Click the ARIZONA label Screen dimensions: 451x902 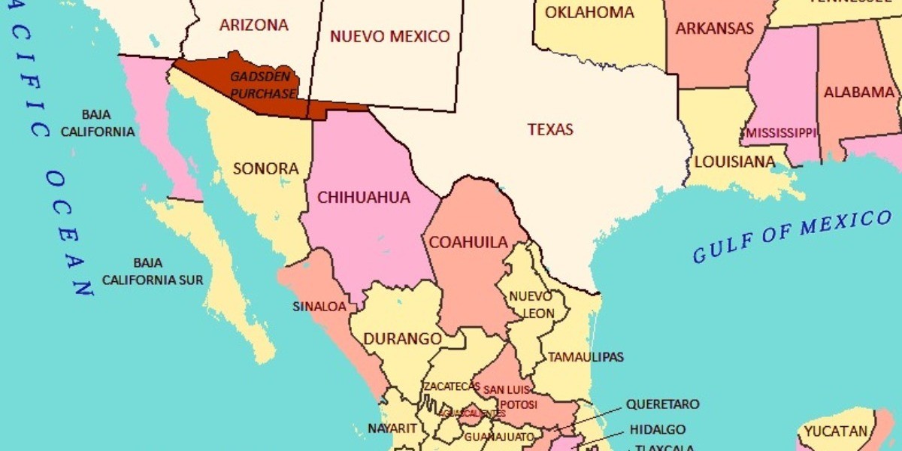click(x=253, y=25)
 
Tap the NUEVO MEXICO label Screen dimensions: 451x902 click(x=390, y=36)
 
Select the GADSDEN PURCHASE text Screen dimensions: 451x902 click(x=263, y=85)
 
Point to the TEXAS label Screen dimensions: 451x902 click(x=550, y=129)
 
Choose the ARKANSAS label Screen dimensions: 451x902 click(x=714, y=29)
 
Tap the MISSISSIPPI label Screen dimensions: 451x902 click(x=780, y=133)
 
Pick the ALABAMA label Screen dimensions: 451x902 click(x=859, y=92)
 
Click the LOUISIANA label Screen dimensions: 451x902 click(x=734, y=162)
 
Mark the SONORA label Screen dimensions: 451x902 click(x=266, y=168)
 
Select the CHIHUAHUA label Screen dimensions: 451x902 click(x=364, y=198)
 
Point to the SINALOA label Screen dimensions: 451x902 click(x=319, y=306)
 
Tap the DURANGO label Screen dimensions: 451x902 click(x=403, y=339)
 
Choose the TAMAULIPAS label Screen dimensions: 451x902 click(x=586, y=357)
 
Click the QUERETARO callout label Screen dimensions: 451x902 click(x=662, y=404)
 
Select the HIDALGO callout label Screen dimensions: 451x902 click(x=658, y=429)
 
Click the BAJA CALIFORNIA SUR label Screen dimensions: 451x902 click(x=153, y=271)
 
